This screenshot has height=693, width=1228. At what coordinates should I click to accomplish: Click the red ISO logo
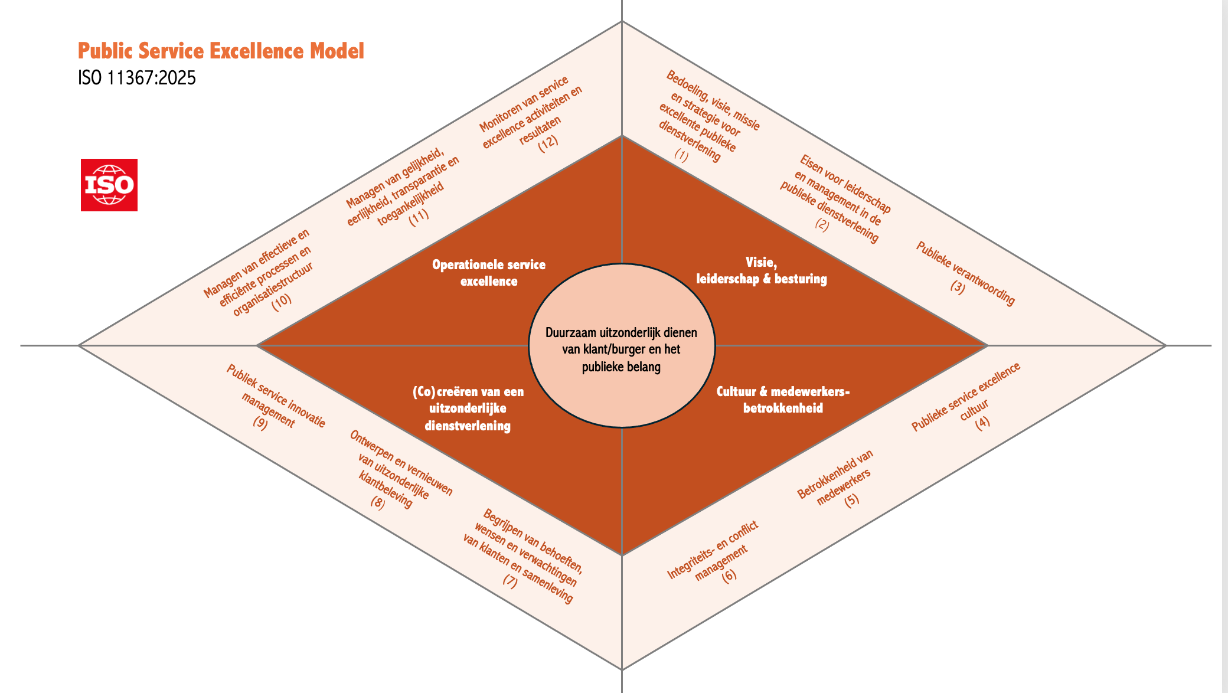[x=109, y=185]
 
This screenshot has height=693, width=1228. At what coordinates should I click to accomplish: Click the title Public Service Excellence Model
[x=221, y=51]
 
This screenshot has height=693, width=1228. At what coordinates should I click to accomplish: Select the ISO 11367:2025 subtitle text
[x=137, y=78]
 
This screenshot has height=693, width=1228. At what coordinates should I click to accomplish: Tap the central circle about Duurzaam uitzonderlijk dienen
[x=621, y=349]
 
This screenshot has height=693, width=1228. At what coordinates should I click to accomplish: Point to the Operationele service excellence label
[x=489, y=273]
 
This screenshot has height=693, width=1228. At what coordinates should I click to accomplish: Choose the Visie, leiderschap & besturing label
[x=762, y=271]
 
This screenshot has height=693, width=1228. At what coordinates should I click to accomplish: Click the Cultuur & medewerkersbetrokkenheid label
[x=783, y=400]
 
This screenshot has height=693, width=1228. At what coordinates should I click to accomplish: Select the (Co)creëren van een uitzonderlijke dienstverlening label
[x=468, y=408]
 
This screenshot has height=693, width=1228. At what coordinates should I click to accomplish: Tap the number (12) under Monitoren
[x=548, y=143]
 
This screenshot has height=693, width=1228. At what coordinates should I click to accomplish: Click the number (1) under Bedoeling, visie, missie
[x=682, y=155]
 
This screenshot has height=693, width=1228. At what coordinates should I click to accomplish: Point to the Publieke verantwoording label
[x=965, y=273]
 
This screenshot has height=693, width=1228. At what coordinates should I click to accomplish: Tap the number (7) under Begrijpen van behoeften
[x=510, y=581]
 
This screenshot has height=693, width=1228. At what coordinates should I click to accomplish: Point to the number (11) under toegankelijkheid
[x=419, y=217]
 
